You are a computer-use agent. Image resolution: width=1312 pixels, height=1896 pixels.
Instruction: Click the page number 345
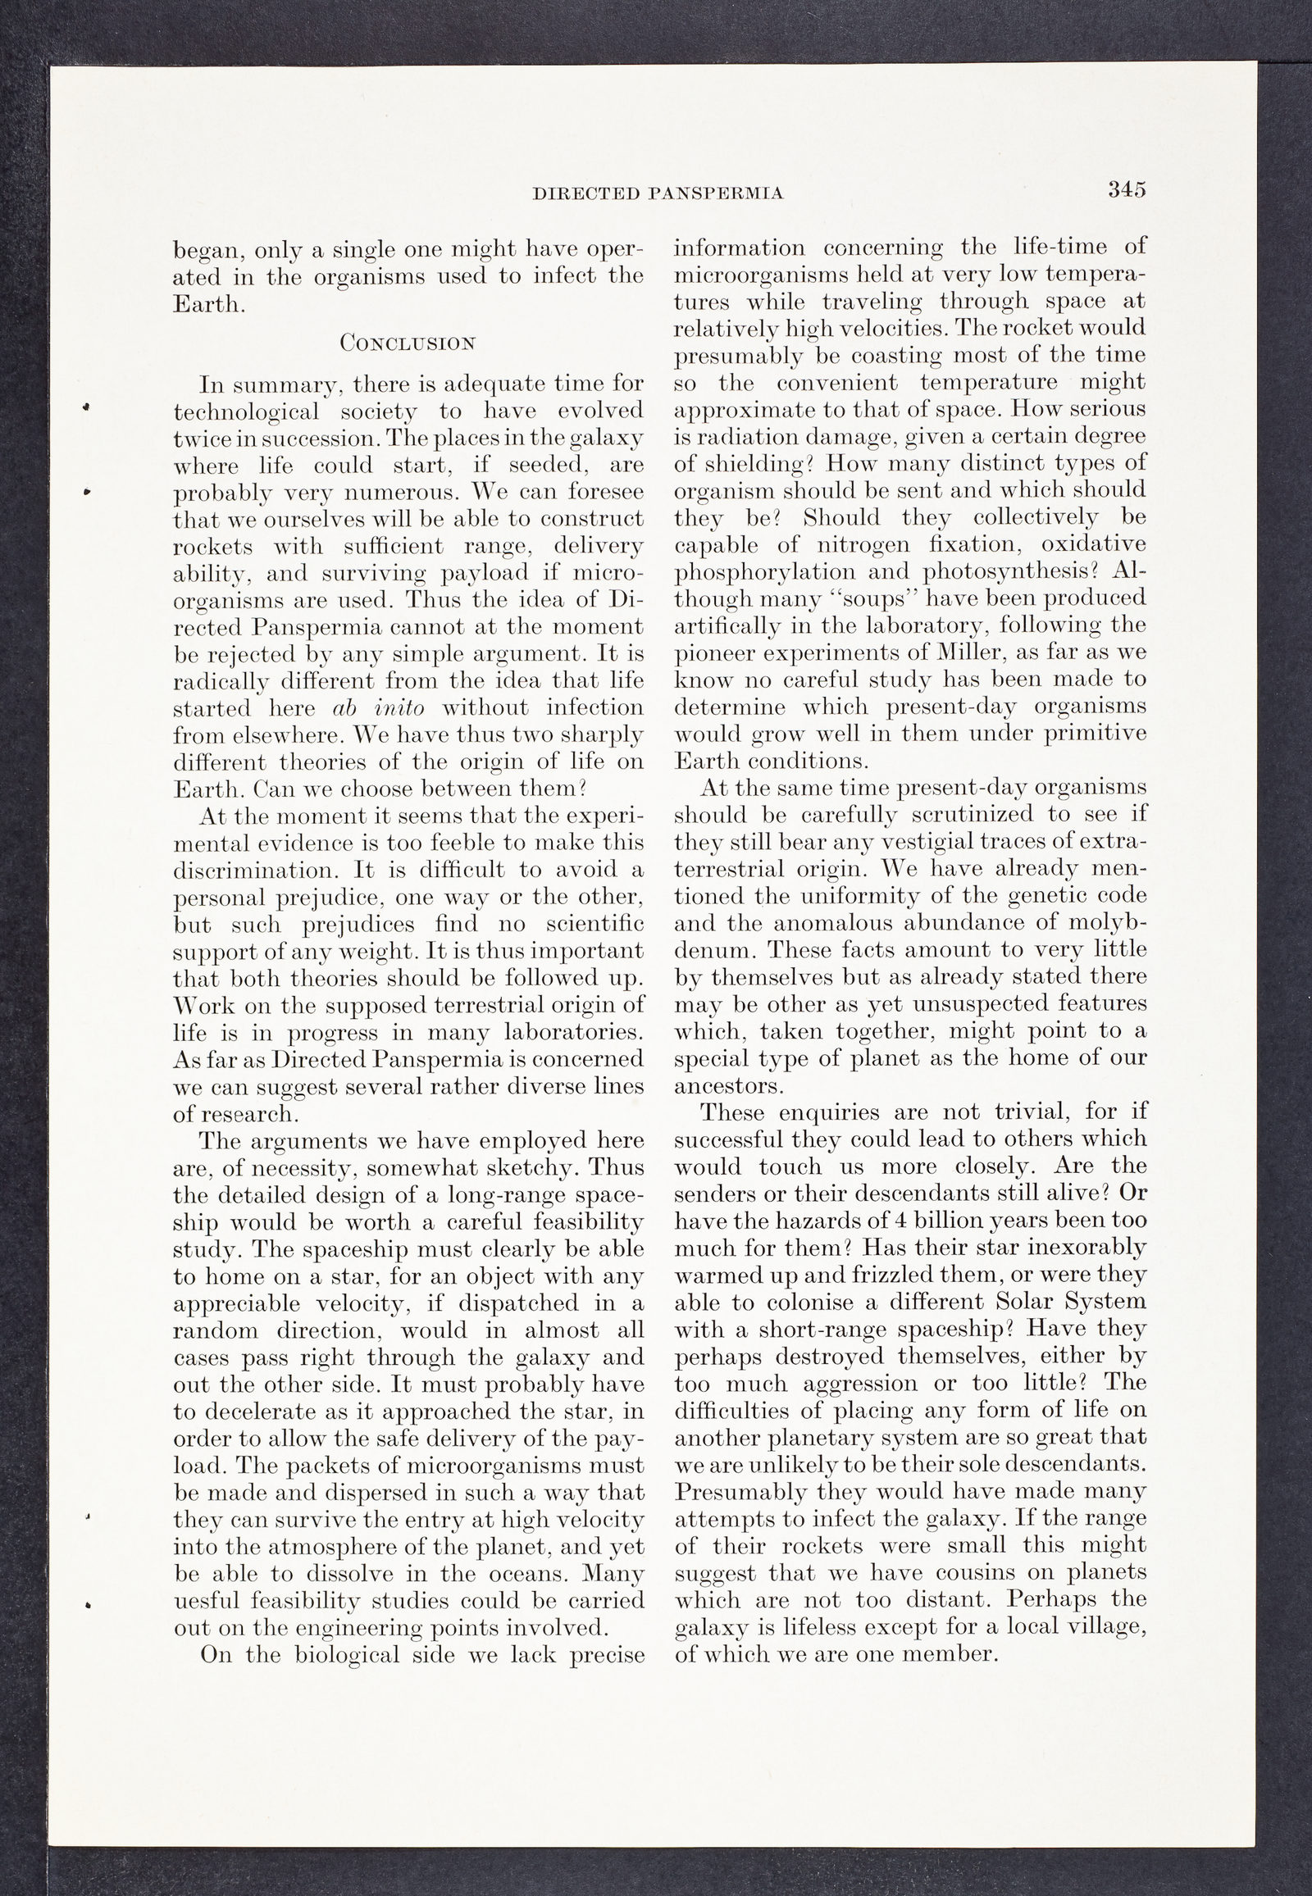click(1125, 190)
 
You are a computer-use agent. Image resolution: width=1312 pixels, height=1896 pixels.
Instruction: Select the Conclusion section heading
click(408, 343)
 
